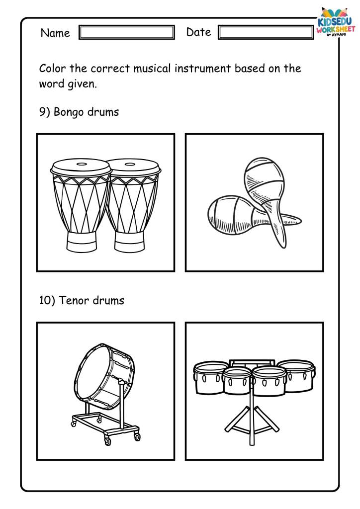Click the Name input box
tap(127, 32)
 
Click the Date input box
tap(266, 32)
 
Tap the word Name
tap(55, 33)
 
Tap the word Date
tap(199, 32)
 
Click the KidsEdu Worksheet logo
tap(335, 23)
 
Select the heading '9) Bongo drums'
tap(79, 112)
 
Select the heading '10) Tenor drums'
tap(82, 300)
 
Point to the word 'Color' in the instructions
tap(53, 69)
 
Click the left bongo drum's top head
tap(81, 166)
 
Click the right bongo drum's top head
tap(134, 166)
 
